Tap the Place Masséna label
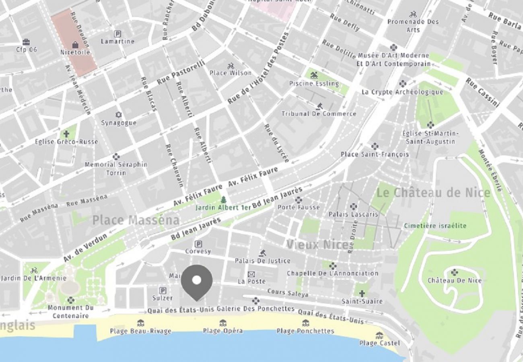[136, 220]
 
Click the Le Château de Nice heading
[434, 193]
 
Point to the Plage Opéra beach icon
[222, 323]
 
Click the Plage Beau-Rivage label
[140, 331]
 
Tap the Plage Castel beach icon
[379, 335]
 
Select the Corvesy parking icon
[198, 244]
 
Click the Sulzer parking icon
[163, 290]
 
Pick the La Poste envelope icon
[251, 274]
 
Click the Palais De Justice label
[262, 261]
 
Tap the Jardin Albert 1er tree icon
[223, 200]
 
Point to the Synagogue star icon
[118, 115]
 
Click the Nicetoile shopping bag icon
[75, 45]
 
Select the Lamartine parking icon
[117, 34]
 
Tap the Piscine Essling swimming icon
[314, 75]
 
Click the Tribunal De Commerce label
[319, 114]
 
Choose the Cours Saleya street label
[288, 293]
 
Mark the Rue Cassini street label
[483, 93]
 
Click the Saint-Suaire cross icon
[362, 294]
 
